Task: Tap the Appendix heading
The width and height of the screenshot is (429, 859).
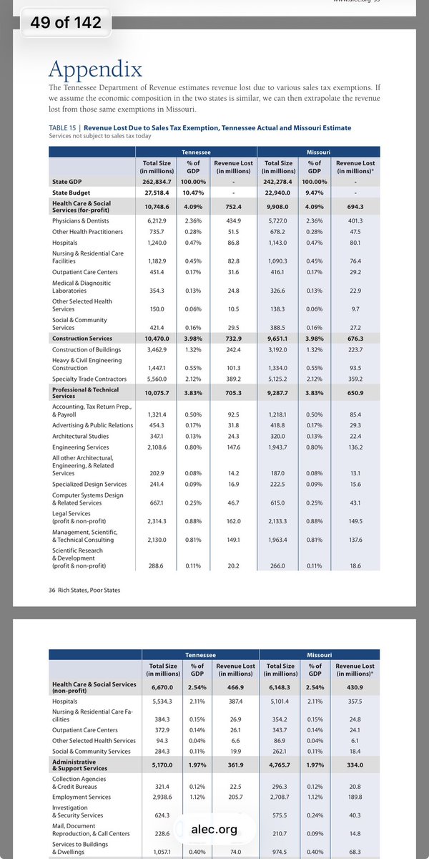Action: (x=95, y=69)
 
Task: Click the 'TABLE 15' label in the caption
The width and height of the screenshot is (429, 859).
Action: (x=64, y=127)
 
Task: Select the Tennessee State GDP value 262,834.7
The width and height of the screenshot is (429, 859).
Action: (x=162, y=182)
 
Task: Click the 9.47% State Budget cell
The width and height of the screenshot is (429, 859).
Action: (x=314, y=193)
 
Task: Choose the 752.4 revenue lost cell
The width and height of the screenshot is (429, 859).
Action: (x=234, y=208)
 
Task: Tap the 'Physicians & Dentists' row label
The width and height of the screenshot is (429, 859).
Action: (x=81, y=221)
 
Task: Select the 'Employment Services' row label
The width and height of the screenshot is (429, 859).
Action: (x=81, y=796)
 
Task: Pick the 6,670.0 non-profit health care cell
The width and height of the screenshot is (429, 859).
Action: (x=162, y=686)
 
